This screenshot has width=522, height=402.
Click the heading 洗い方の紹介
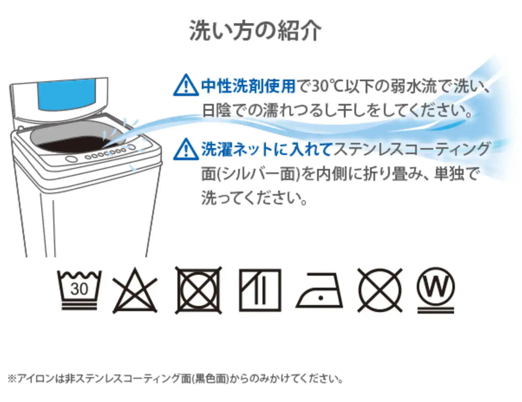[x=255, y=30]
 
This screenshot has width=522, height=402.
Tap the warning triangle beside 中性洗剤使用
[x=186, y=86]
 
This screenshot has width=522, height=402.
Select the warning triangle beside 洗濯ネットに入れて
[x=186, y=150]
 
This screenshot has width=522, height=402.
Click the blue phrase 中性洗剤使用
[x=248, y=86]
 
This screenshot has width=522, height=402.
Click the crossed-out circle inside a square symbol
[x=199, y=290]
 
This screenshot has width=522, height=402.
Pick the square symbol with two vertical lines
[x=260, y=290]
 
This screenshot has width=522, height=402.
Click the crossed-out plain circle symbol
[x=380, y=290]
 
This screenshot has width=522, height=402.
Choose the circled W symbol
[x=436, y=287]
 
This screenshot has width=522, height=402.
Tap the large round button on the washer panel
[x=72, y=159]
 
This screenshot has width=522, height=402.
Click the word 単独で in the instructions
[x=456, y=174]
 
